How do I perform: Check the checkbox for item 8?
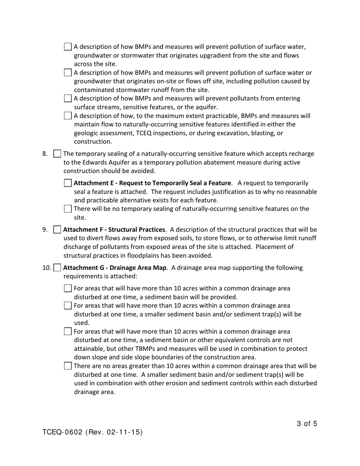point(57,154)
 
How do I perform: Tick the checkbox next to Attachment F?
point(57,230)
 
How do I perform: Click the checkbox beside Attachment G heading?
point(57,268)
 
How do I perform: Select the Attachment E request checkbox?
point(68,183)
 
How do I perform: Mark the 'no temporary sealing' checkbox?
point(68,209)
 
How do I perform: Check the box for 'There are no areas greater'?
point(68,366)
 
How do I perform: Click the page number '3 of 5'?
point(307,424)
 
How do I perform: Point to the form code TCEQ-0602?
point(62,432)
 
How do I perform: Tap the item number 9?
point(45,230)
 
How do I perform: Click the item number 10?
point(46,268)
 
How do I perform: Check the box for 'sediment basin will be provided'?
point(68,289)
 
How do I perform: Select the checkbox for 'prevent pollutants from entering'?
point(68,99)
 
